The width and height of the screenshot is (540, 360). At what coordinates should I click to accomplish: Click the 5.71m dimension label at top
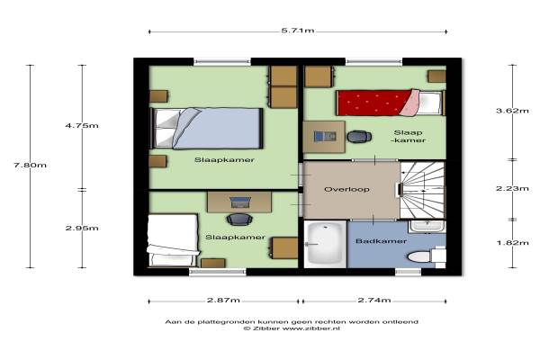298,31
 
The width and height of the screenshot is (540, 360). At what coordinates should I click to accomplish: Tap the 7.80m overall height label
30,165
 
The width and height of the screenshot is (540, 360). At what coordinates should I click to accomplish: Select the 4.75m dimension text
82,125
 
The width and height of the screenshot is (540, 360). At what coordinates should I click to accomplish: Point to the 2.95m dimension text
82,228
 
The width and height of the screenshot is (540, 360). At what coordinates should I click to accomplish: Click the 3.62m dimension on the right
512,111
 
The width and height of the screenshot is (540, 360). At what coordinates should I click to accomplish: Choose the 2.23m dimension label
512,188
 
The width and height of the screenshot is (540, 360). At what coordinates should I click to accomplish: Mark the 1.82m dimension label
512,243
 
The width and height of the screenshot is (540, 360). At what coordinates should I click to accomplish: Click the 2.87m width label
223,300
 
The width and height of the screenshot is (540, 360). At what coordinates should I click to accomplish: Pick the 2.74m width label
374,300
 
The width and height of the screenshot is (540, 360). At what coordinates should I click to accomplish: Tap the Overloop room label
346,189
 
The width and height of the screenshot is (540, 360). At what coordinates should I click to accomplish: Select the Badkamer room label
381,241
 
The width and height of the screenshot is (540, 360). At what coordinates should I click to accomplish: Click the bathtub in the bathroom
325,244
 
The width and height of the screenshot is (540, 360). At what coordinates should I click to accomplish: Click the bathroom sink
427,226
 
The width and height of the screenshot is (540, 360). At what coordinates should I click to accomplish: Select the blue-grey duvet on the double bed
216,129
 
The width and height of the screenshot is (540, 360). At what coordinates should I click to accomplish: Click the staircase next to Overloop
423,190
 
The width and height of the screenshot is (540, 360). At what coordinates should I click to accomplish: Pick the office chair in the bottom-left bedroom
239,219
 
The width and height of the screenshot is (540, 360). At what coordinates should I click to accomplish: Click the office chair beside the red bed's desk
359,137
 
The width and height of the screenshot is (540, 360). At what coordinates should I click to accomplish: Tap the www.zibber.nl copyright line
292,328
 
